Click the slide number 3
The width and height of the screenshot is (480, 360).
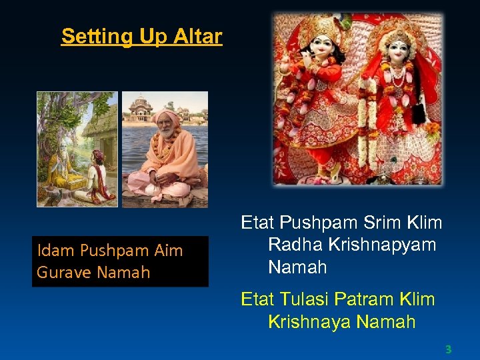coord(448,349)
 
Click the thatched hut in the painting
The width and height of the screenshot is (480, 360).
coord(100,123)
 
